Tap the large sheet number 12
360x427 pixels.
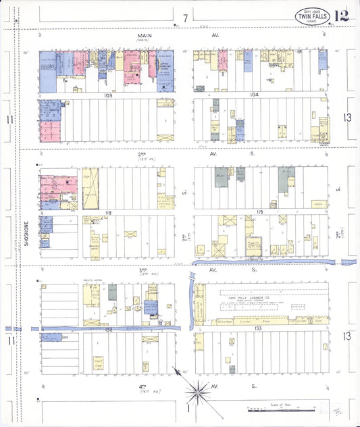340,15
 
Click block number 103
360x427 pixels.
107,96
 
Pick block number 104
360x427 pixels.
254,95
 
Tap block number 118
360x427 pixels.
107,213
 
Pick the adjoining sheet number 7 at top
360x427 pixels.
185,17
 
